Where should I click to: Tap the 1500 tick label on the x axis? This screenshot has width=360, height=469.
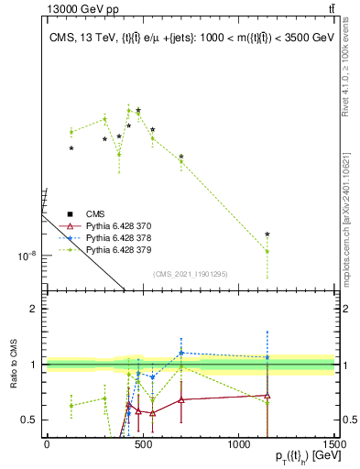pyautogui.click(x=335, y=445)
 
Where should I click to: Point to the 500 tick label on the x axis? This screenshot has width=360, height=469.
pyautogui.click(x=143, y=445)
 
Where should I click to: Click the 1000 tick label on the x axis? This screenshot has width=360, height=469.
pyautogui.click(x=238, y=445)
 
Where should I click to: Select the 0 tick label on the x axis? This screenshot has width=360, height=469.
pyautogui.click(x=47, y=445)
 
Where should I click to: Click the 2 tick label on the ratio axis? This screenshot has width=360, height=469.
pyautogui.click(x=34, y=309)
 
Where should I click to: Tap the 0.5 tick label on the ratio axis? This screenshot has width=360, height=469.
pyautogui.click(x=29, y=420)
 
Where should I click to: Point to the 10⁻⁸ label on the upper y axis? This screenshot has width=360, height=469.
pyautogui.click(x=27, y=256)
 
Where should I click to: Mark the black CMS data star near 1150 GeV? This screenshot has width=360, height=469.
pyautogui.click(x=267, y=235)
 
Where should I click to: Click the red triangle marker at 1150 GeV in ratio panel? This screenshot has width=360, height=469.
pyautogui.click(x=267, y=396)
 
